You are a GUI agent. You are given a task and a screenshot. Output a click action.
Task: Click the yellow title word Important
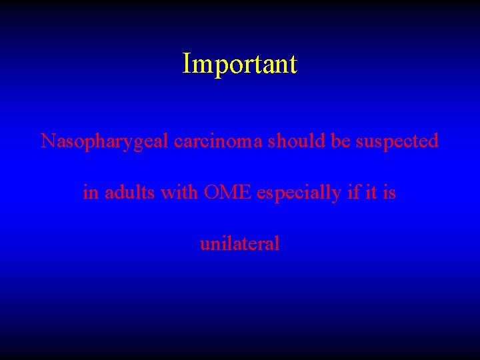click(x=240, y=65)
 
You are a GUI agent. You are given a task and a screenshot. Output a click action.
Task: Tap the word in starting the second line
click(x=90, y=193)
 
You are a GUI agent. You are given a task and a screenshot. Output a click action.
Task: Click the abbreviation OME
click(x=227, y=193)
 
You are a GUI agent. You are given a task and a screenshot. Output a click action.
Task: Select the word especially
click(x=299, y=193)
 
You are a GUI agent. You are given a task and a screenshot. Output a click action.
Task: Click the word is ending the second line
click(x=389, y=193)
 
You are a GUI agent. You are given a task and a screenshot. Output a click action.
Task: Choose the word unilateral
click(x=240, y=243)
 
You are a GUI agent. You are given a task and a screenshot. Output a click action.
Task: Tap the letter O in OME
click(x=212, y=193)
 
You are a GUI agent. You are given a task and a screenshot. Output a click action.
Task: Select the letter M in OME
click(x=228, y=193)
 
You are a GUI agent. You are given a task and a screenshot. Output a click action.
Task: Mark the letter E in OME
click(x=244, y=193)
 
